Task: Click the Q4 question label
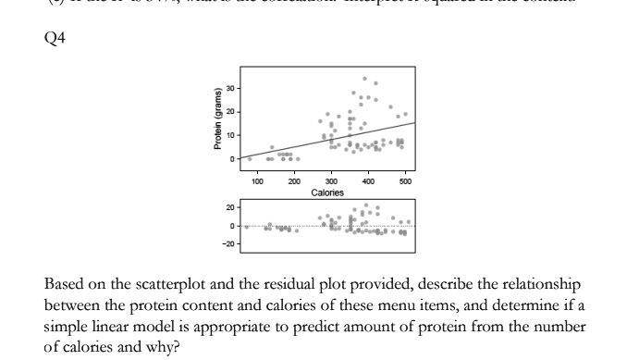coord(55,41)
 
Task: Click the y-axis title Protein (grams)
coord(218,118)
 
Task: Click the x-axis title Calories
coord(327,192)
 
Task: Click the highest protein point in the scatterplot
coord(365,79)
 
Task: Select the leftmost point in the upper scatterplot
coord(250,158)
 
